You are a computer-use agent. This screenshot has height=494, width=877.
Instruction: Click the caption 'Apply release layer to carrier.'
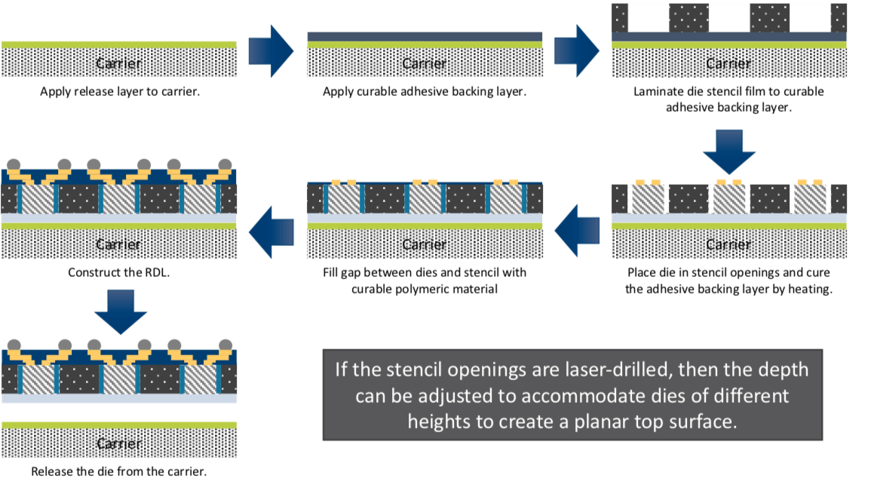pos(119,92)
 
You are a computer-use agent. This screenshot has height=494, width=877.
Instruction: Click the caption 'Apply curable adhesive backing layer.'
pos(425,92)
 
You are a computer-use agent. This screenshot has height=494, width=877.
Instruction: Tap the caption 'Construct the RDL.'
pos(119,272)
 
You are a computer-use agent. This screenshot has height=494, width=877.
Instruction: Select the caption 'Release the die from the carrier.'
pos(119,471)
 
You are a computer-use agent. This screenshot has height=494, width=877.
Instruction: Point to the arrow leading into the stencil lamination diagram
pos(577,51)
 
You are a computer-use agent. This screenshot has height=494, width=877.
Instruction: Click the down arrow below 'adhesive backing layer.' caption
pos(728,152)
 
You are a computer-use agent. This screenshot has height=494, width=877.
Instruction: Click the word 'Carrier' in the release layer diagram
pos(119,63)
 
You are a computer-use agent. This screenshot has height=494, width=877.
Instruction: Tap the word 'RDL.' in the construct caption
pos(156,272)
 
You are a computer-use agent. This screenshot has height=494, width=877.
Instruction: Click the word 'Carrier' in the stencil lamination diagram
pos(728,63)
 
